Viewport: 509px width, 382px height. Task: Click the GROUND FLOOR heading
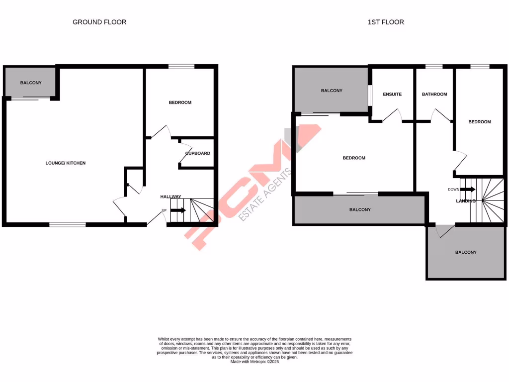99,22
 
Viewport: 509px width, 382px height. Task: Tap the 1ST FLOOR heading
386,22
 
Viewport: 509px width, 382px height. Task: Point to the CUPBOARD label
198,153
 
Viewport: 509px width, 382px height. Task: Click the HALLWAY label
170,197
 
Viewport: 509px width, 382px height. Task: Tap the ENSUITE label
392,95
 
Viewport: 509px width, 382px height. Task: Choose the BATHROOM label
434,95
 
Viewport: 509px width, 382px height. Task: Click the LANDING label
466,201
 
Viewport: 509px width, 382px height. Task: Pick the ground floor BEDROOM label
180,102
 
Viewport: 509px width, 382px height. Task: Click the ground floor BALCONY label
31,83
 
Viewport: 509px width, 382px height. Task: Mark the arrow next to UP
178,210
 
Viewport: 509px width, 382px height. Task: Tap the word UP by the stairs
164,210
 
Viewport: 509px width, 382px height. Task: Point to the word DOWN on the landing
453,190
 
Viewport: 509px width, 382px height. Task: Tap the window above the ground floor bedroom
181,66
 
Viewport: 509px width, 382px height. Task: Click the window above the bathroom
434,66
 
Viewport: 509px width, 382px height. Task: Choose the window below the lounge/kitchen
68,225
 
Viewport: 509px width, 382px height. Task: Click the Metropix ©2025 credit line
254,362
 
